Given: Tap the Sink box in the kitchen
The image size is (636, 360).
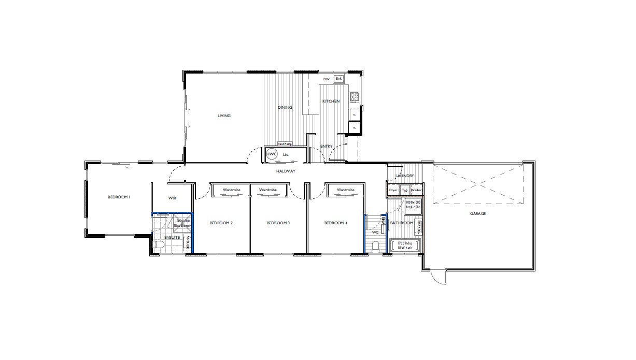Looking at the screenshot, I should click(338, 79).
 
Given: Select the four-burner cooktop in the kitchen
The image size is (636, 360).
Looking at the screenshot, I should click(355, 97).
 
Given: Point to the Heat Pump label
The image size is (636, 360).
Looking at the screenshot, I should click(285, 144).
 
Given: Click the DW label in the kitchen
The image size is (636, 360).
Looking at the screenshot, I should click(326, 79).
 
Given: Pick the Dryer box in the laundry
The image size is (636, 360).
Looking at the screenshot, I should click(393, 191).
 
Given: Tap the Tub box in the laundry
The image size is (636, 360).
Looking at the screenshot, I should click(405, 191).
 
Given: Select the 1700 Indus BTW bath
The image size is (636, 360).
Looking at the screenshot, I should click(405, 246).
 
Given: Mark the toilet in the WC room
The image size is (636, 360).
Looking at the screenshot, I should click(376, 244).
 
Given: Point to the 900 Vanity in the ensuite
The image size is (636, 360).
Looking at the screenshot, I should click(188, 243).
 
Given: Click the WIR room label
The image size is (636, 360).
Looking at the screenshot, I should click(173, 198).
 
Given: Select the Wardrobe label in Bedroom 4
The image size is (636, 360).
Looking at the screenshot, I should click(345, 190).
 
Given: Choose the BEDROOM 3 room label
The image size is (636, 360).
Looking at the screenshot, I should click(278, 223).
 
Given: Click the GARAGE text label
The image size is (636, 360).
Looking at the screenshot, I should click(477, 213).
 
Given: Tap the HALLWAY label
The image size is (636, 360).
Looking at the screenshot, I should click(285, 171).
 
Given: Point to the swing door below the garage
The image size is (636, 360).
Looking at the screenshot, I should click(439, 277).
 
